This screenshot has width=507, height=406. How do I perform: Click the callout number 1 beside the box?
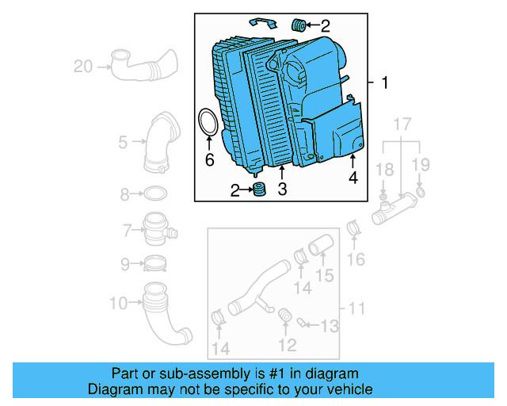(384, 83)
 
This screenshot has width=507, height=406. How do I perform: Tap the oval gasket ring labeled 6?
(208, 124)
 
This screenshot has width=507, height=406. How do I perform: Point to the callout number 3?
(281, 189)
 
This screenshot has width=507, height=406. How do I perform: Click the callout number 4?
(353, 178)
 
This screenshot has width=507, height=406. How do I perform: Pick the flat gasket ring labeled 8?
(156, 193)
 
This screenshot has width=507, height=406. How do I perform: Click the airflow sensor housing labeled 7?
(159, 230)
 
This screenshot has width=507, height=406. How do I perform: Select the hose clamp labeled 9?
(156, 263)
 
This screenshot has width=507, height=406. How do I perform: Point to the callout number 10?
(119, 302)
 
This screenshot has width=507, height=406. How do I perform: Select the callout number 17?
(402, 124)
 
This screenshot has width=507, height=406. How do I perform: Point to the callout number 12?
(287, 345)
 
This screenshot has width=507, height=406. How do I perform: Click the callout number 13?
(330, 326)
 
